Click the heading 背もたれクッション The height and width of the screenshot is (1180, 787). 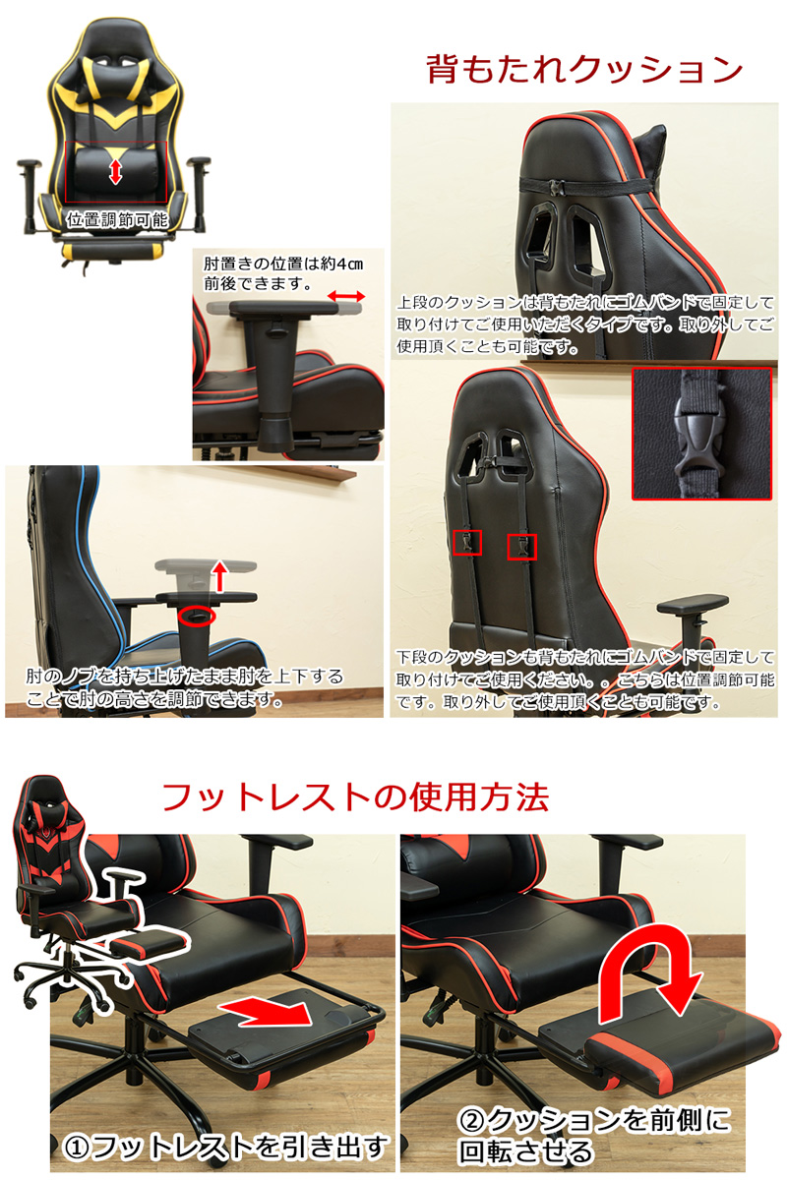[584, 69]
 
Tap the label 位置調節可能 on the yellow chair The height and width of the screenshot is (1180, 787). [116, 219]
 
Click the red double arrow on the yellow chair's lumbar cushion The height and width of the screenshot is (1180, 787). [115, 172]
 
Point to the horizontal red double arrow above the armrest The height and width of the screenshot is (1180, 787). [346, 296]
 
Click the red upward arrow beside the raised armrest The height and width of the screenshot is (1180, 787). [220, 575]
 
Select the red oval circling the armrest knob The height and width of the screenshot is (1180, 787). [196, 617]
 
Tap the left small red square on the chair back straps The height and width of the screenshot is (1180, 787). [467, 543]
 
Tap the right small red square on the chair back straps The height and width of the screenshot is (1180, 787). [521, 547]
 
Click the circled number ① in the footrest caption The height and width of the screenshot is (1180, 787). [77, 1147]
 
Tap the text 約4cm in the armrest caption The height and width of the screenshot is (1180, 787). [341, 264]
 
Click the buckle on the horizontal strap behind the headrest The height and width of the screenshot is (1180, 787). [557, 187]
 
